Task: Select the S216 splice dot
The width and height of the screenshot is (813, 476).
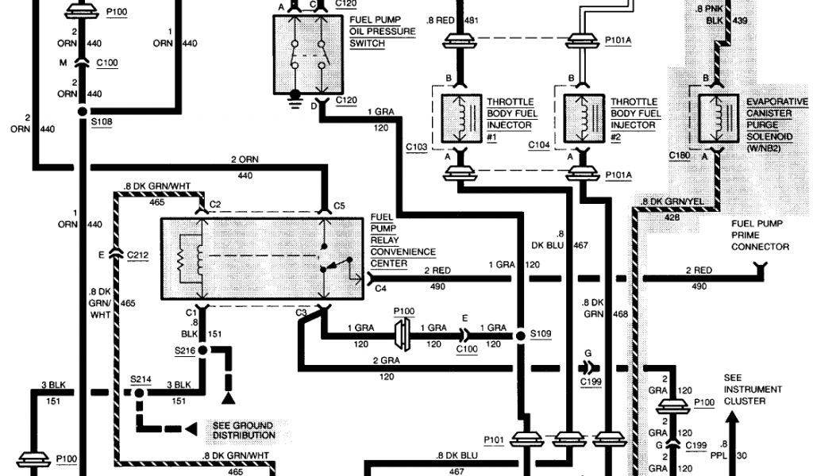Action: (x=202, y=349)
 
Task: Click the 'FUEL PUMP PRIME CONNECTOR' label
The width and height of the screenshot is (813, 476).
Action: (x=761, y=236)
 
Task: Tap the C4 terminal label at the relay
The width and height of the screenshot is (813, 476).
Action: (x=380, y=290)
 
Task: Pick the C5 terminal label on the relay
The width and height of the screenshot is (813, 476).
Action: (x=339, y=205)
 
